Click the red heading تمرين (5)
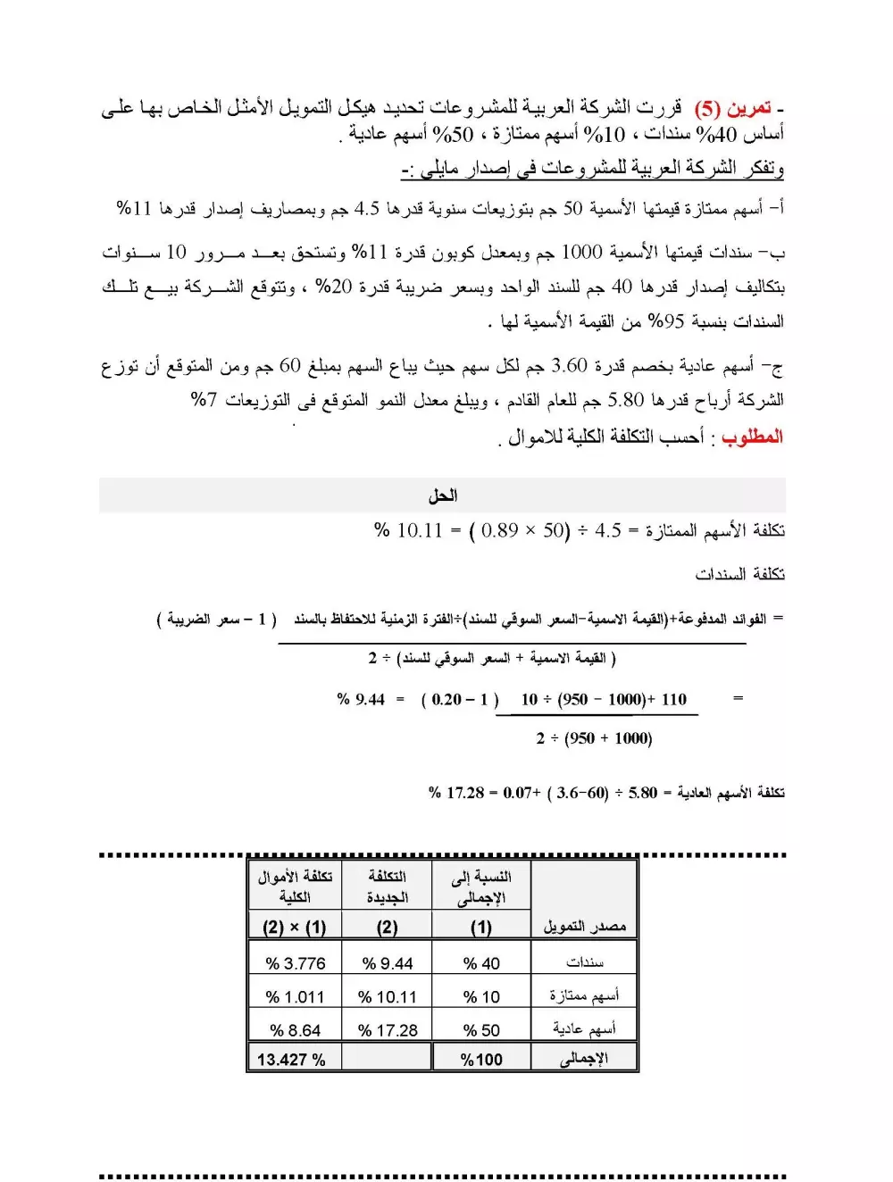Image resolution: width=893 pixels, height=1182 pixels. (x=733, y=109)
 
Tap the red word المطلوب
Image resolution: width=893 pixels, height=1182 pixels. (x=752, y=437)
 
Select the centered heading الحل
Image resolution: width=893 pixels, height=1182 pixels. (x=442, y=495)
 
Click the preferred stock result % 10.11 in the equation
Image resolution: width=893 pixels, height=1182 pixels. (x=408, y=530)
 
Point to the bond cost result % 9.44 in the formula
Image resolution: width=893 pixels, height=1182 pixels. (x=361, y=699)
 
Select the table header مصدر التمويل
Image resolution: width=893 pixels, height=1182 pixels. (x=584, y=927)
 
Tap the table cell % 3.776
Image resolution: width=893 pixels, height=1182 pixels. (x=296, y=963)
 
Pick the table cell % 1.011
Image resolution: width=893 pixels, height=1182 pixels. (x=295, y=996)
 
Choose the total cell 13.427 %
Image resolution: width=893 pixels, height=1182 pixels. (x=291, y=1060)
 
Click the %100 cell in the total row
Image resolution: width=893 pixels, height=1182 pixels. (x=481, y=1060)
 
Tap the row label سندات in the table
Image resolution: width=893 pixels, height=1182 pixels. (x=585, y=962)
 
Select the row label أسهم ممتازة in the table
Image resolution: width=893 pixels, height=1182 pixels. (x=584, y=995)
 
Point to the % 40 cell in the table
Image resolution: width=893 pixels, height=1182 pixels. (x=481, y=963)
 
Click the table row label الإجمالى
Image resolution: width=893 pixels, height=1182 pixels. (x=584, y=1059)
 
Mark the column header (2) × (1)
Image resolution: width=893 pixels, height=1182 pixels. (x=294, y=928)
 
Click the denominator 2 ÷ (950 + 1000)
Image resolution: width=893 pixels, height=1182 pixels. (x=594, y=738)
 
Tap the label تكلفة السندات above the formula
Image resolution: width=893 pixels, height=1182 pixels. (x=739, y=573)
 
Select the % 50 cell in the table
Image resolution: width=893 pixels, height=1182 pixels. (x=481, y=1030)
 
